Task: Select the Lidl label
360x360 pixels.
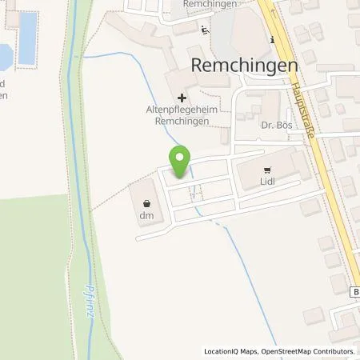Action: point(267,182)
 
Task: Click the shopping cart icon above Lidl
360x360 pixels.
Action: point(267,170)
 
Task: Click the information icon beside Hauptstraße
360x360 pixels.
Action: point(273,40)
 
